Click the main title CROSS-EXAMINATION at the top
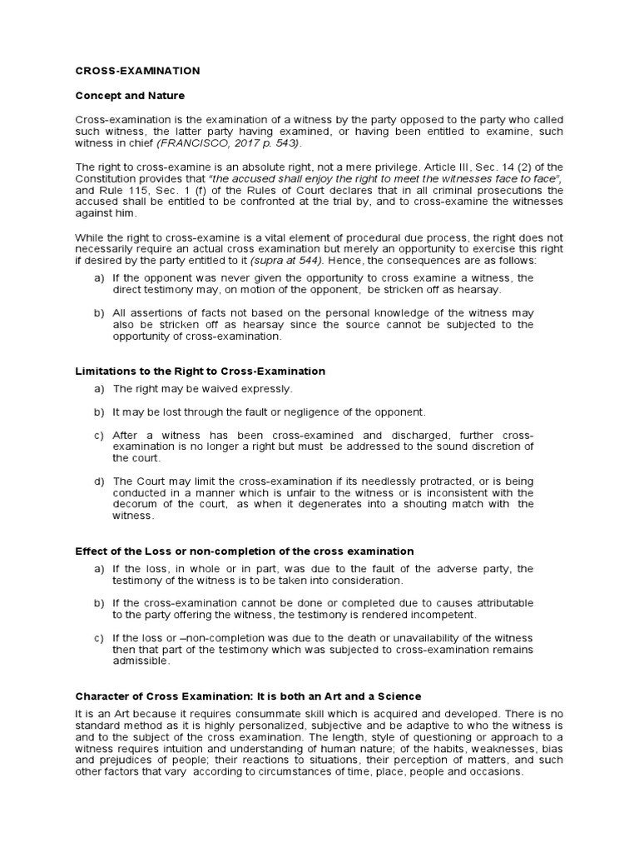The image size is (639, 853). click(137, 72)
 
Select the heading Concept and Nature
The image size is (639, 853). click(130, 96)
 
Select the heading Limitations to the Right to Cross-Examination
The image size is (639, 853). click(200, 371)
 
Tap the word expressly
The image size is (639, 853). click(269, 389)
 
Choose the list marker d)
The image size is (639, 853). click(99, 481)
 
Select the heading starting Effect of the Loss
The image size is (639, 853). click(244, 551)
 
